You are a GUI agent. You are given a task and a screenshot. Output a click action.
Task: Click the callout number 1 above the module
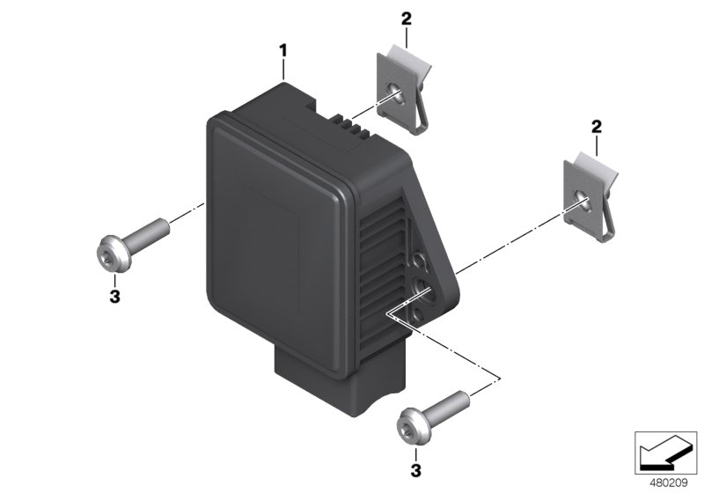(x=283, y=51)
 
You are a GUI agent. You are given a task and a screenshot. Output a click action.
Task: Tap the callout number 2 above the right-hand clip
(x=596, y=128)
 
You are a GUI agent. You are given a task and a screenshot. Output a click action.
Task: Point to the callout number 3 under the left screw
(x=114, y=297)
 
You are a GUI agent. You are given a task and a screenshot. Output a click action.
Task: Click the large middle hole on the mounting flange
(x=419, y=285)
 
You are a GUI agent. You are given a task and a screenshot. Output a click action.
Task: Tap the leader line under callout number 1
(x=283, y=70)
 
